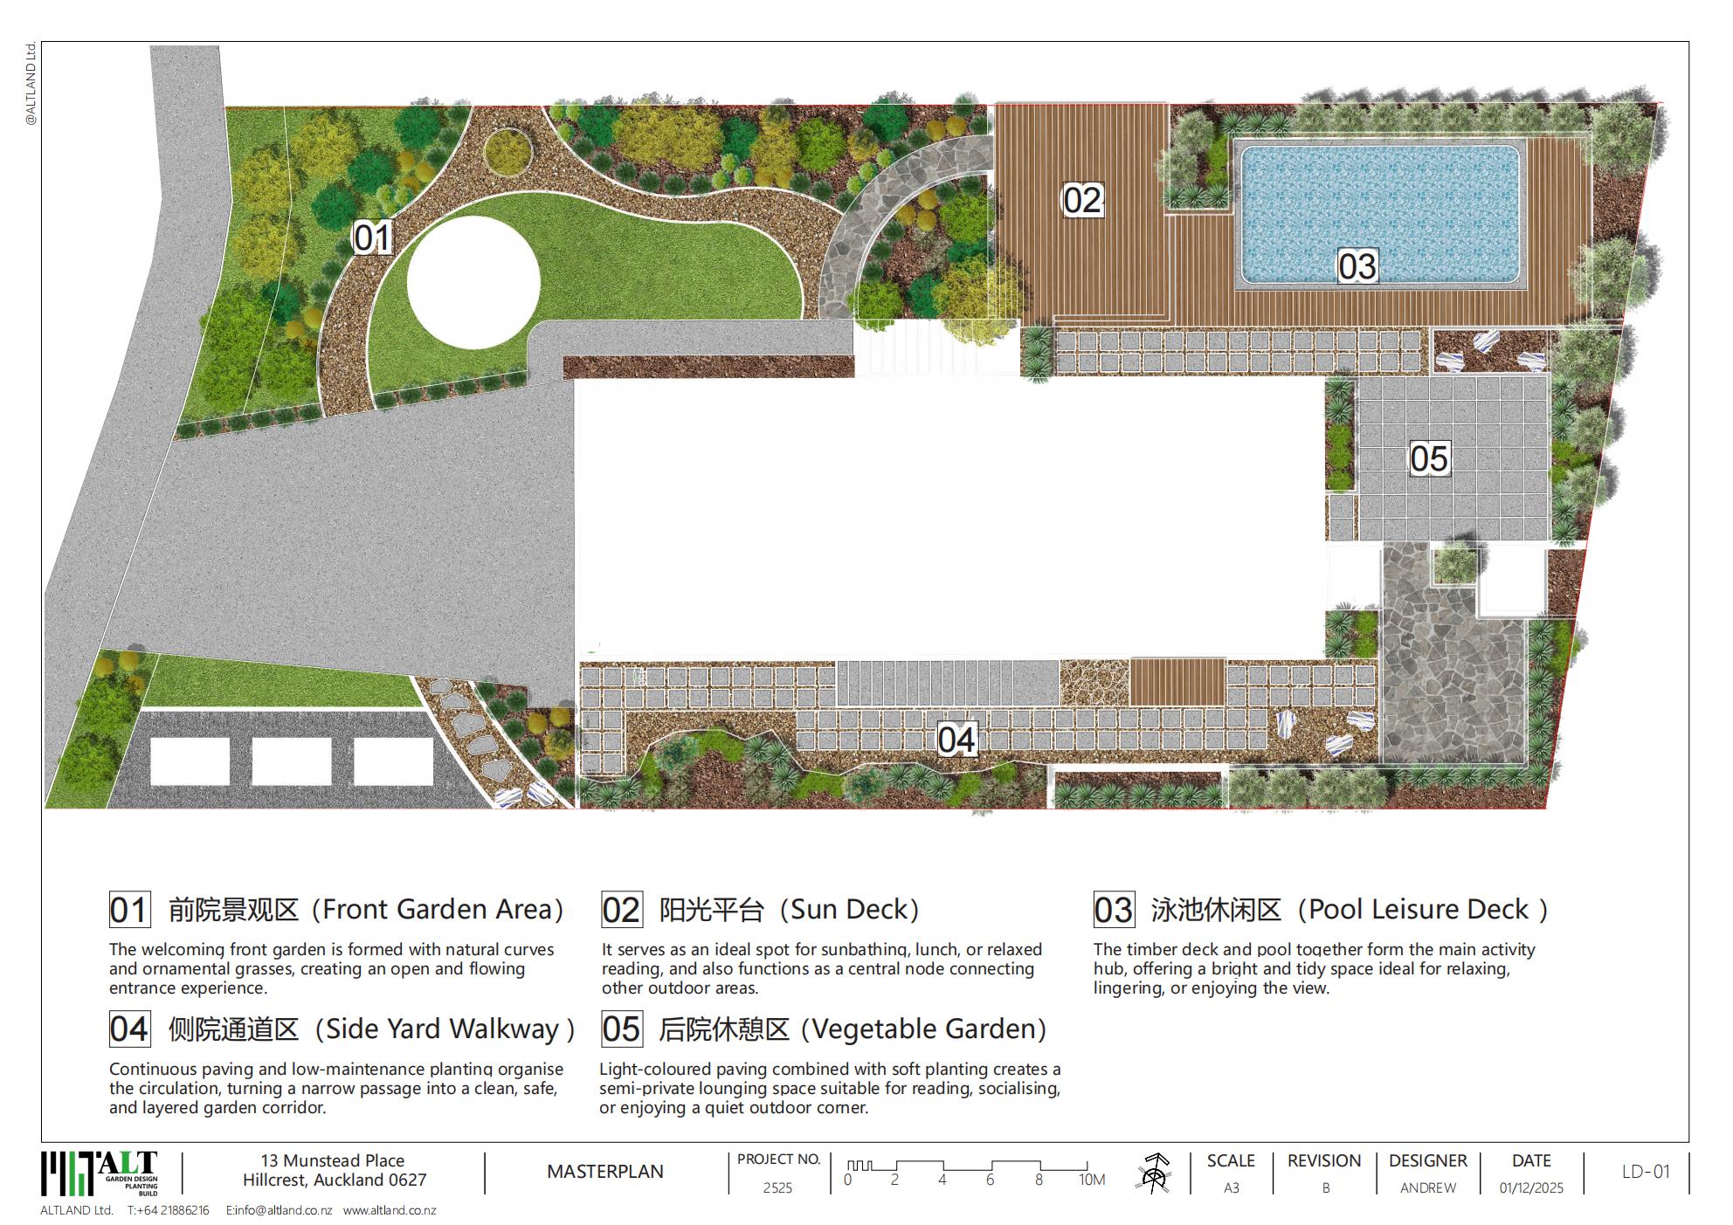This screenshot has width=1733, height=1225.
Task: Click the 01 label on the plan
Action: (372, 237)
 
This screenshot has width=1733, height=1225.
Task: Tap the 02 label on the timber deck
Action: (1082, 200)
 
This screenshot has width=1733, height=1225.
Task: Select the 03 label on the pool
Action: (1357, 266)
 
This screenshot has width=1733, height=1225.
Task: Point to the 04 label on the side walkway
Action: (956, 740)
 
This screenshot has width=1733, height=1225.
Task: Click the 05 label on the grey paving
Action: (1429, 458)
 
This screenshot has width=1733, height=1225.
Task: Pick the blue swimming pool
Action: (1380, 214)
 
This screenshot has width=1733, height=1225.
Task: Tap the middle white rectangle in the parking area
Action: (292, 761)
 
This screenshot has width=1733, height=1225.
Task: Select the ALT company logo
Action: (100, 1173)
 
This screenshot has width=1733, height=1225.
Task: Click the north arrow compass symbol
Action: (1154, 1173)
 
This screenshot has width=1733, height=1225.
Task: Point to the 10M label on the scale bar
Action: (1092, 1180)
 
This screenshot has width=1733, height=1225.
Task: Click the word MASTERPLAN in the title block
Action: (605, 1172)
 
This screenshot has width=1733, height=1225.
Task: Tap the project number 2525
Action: (777, 1187)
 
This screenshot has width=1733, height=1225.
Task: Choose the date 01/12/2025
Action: (1531, 1187)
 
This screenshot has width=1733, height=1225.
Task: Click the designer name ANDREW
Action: (1428, 1187)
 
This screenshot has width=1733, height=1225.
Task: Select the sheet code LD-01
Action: (1646, 1172)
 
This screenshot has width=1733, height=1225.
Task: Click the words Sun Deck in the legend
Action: (849, 910)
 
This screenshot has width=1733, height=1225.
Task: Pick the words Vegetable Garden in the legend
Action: (922, 1029)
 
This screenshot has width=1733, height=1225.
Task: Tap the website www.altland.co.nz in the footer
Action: (390, 1211)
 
